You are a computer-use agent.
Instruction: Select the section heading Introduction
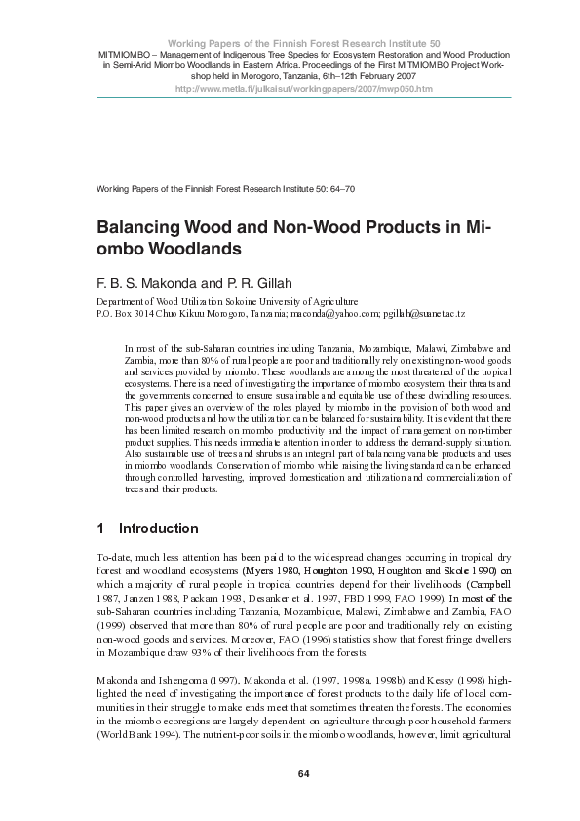coord(158,529)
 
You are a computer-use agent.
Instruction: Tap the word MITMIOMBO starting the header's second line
coord(123,54)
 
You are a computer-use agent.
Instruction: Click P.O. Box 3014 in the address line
coord(127,317)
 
